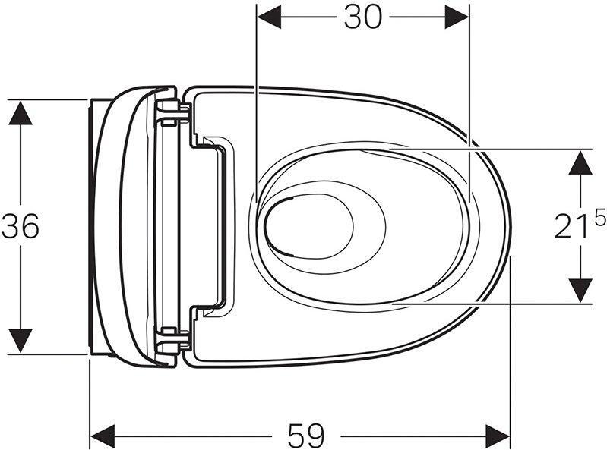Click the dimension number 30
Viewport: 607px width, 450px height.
pos(362,17)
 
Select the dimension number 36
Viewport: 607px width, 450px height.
pos(21,226)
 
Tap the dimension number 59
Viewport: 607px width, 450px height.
pos(305,436)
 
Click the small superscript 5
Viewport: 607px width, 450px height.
pos(599,219)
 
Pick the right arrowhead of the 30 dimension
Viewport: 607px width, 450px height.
pos(457,17)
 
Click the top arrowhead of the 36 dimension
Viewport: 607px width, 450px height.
pos(21,113)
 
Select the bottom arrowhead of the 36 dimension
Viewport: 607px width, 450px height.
pos(21,341)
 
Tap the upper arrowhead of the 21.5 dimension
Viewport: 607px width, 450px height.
pos(580,162)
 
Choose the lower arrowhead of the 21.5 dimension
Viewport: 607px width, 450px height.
pos(580,291)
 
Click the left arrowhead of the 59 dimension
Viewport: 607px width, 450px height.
pos(103,436)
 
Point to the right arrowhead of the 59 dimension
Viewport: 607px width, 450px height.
pos(498,436)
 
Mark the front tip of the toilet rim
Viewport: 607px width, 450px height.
pos(510,226)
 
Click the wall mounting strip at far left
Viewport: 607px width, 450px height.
pos(93,226)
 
